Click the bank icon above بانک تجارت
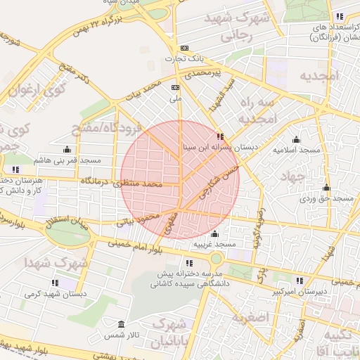point(185,49)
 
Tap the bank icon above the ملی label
point(175,87)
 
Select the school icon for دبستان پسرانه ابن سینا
point(221,136)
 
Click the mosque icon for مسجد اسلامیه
point(296,139)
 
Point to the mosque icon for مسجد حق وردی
point(326,188)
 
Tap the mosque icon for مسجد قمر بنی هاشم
point(67,149)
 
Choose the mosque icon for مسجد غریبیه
point(214,233)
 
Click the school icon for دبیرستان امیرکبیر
point(300,281)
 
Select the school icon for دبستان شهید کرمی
point(55,283)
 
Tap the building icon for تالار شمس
point(121,325)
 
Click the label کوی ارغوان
point(34,90)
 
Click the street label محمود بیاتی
point(145,220)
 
